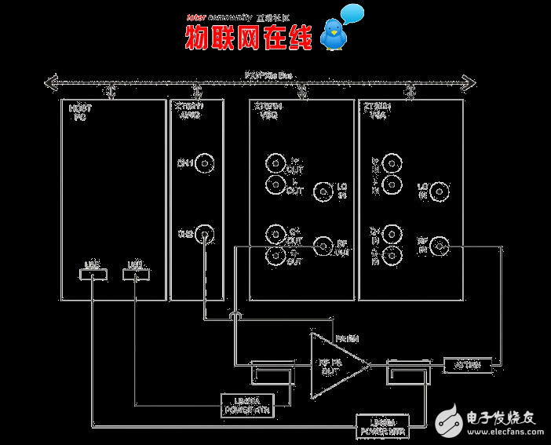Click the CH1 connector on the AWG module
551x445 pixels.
(205, 163)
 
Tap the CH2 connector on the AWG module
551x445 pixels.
(205, 233)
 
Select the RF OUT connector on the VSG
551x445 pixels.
(323, 246)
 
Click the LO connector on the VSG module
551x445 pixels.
(323, 191)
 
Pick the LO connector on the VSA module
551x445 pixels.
(440, 190)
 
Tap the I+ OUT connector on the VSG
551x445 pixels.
(275, 163)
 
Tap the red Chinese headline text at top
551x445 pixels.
(248, 37)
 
